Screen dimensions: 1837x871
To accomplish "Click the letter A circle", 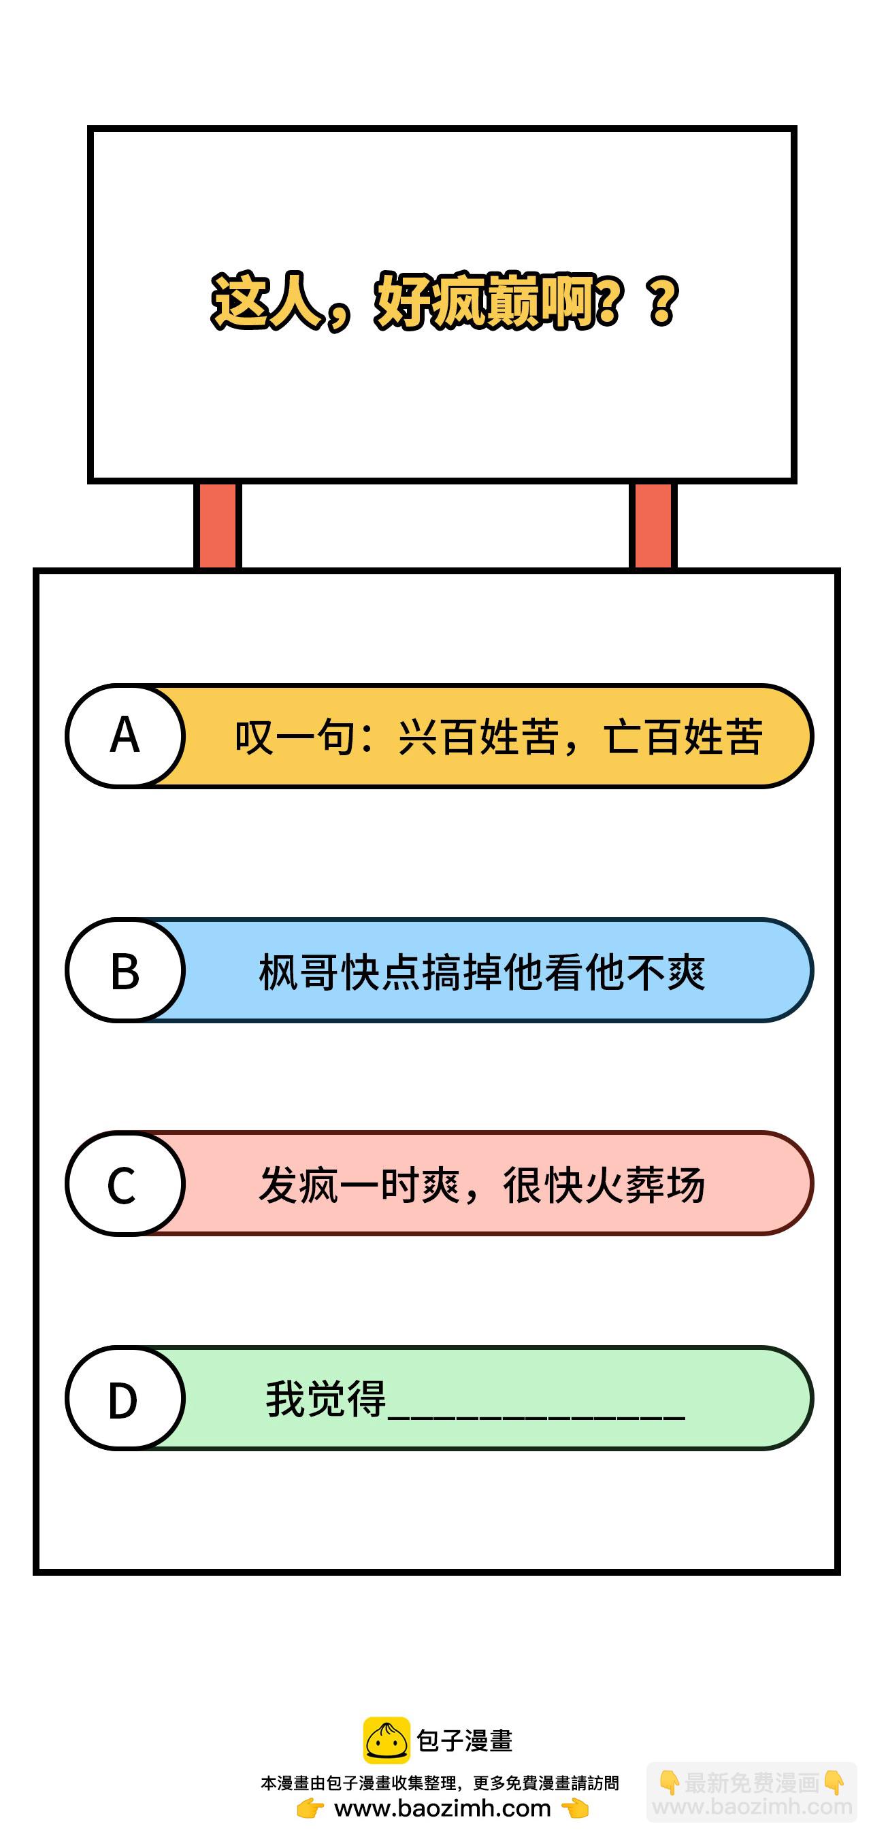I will point(125,735).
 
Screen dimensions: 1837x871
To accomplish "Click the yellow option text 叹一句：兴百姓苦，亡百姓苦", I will point(499,737).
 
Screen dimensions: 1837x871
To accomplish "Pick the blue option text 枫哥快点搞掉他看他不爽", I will point(482,972).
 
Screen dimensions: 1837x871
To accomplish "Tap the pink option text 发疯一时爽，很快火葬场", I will point(482,1185).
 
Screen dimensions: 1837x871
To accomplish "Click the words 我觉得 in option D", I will point(326,1398).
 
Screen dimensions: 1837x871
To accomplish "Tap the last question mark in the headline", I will point(663,302).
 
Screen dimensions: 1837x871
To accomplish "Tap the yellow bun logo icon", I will point(386,1741).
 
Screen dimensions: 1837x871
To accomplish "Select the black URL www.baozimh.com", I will point(442,1808).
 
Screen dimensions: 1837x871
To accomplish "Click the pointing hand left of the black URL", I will point(311,1808).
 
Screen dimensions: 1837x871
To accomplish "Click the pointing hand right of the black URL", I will point(575,1808).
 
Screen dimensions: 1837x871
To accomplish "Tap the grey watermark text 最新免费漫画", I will point(751,1783).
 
